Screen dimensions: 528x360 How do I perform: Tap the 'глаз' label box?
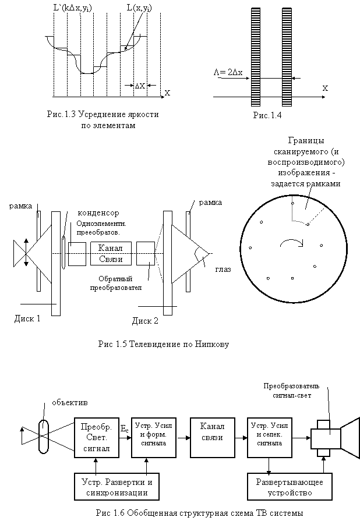point(224,269)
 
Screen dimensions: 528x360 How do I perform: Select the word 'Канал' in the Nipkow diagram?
point(110,248)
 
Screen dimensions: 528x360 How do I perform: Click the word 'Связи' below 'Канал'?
point(110,259)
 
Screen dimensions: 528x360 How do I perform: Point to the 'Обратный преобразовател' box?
point(115,284)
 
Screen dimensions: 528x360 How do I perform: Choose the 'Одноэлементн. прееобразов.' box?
point(104,227)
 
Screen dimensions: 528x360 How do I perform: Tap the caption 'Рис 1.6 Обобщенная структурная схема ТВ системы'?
point(199,515)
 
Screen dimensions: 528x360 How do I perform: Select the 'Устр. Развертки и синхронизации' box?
point(118,487)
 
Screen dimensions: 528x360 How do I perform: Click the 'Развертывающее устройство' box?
point(290,487)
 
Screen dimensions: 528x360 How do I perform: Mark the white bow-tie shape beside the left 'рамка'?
point(34,254)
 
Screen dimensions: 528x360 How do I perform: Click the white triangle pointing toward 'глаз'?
point(186,254)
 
